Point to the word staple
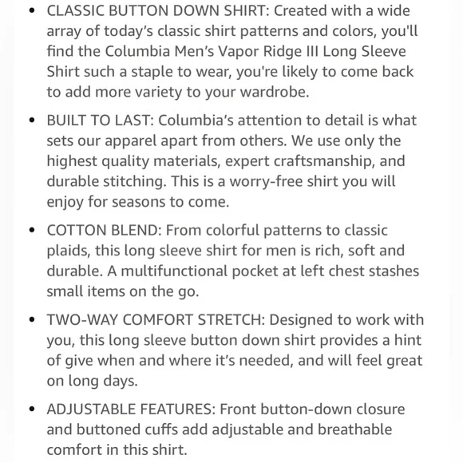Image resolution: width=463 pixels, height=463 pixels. pos(184,72)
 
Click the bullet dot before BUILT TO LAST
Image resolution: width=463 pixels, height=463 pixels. pos(31,121)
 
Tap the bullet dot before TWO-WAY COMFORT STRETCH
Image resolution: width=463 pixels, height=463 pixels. pos(31,320)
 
